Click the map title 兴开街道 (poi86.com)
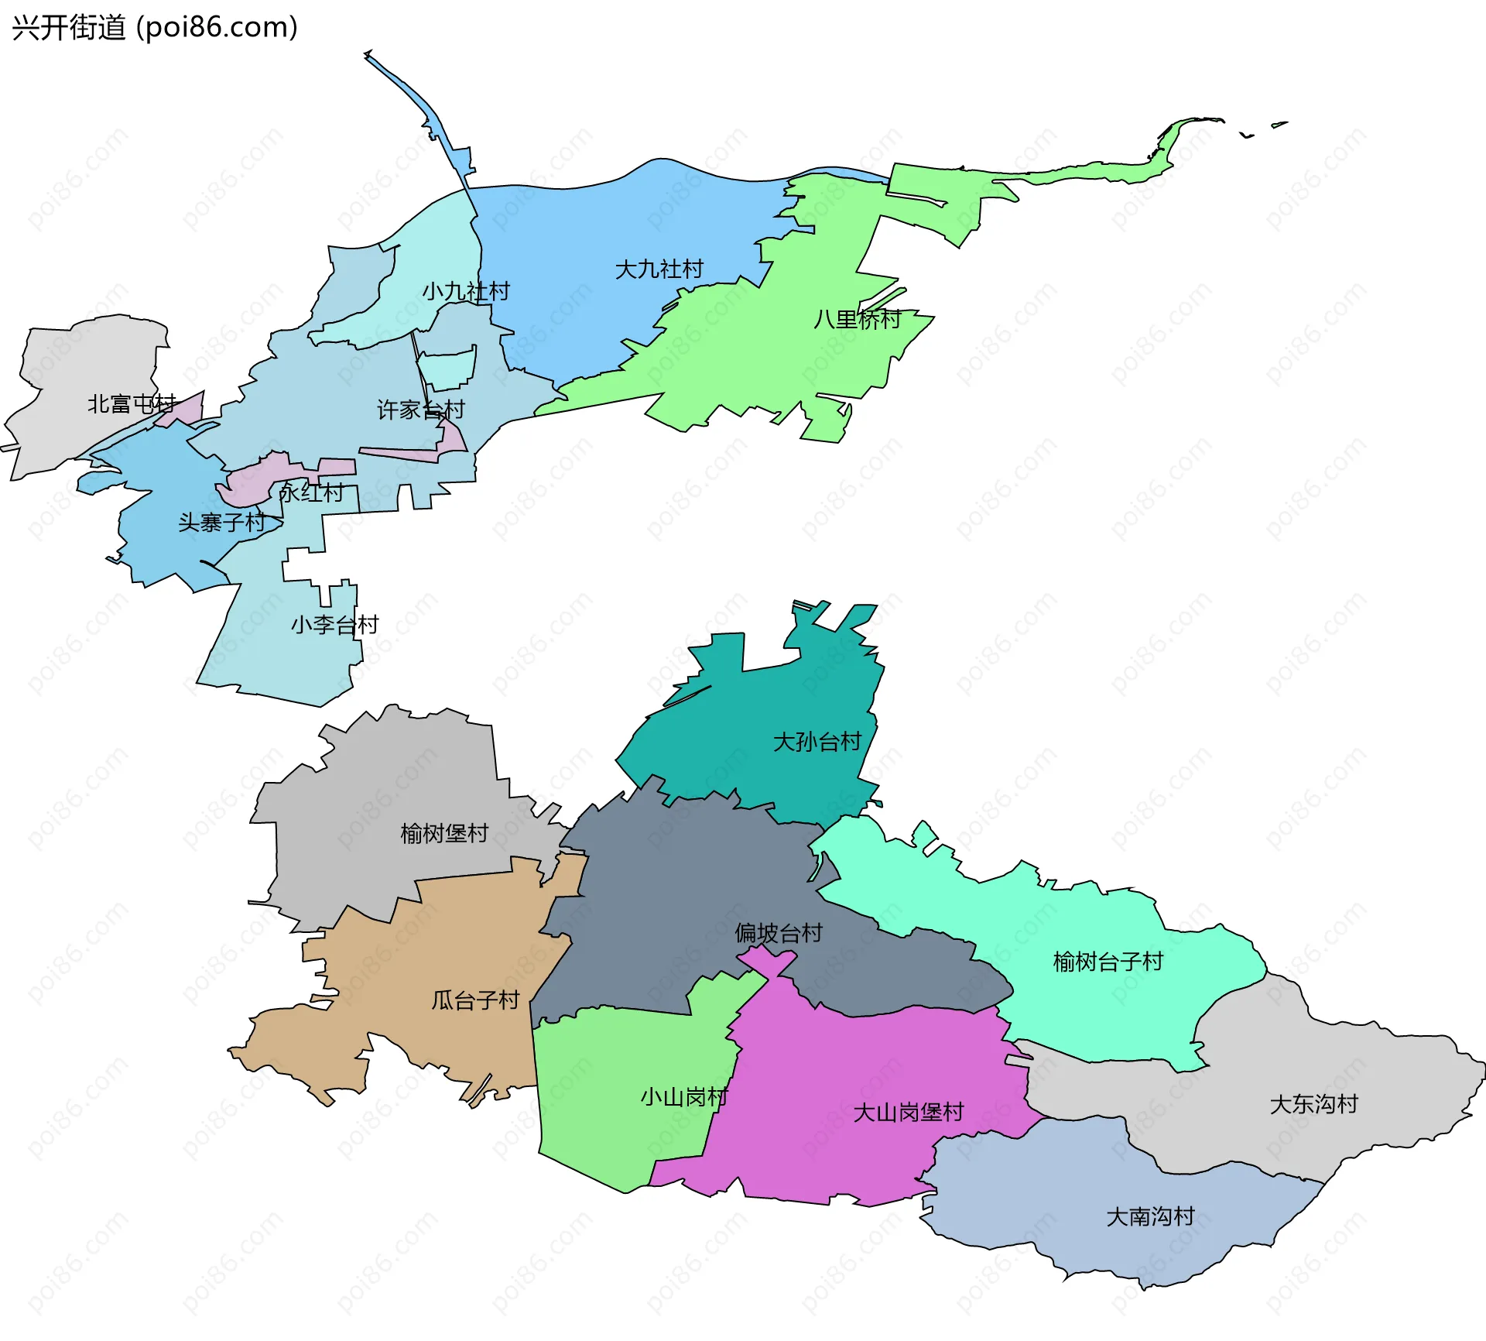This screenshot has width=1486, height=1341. [x=155, y=28]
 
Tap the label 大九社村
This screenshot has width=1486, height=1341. [x=659, y=269]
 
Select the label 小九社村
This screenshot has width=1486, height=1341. [x=466, y=292]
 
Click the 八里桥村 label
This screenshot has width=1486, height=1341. [x=858, y=319]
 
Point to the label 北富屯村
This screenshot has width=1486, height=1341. [x=132, y=404]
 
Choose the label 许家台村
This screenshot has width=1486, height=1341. [x=421, y=410]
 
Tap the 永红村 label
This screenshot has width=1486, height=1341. [x=311, y=493]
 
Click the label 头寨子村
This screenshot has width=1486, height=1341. [x=222, y=523]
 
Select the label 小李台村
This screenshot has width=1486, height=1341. [x=334, y=625]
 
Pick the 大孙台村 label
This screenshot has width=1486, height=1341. [x=817, y=742]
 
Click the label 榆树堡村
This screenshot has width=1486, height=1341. [x=444, y=833]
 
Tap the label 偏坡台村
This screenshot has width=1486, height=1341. [x=779, y=933]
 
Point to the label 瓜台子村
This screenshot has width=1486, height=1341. [x=475, y=1000]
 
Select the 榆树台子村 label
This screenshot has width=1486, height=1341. [x=1108, y=962]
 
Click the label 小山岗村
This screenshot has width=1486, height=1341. [x=684, y=1097]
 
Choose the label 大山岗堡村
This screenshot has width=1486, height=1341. [x=908, y=1113]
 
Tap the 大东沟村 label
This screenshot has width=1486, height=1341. [x=1314, y=1104]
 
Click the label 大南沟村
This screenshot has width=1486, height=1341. [x=1151, y=1216]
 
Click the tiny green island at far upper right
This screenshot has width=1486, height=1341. [x=1279, y=124]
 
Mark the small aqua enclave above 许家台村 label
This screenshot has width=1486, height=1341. [x=448, y=369]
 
